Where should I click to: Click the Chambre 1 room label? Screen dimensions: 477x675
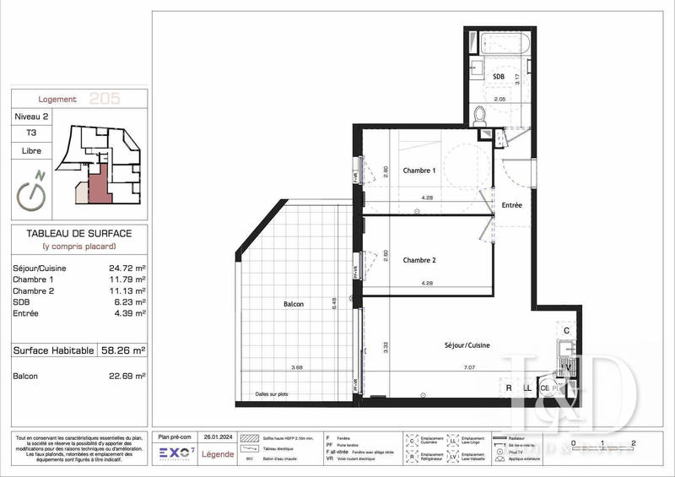click(418, 170)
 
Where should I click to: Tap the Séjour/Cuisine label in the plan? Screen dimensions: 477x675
click(467, 345)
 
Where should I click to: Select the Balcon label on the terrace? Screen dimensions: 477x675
click(294, 304)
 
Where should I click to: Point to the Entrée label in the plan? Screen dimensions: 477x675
click(512, 205)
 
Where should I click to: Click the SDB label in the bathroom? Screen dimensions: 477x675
click(499, 77)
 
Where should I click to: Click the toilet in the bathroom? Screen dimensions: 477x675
click(479, 114)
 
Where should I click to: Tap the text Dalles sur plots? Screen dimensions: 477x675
click(273, 395)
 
